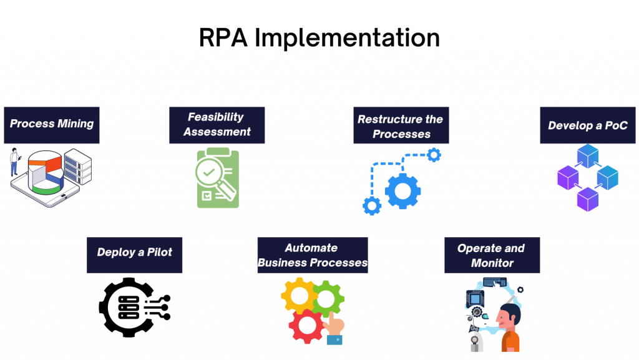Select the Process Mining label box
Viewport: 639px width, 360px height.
click(x=51, y=124)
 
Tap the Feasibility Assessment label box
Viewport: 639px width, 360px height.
click(x=217, y=125)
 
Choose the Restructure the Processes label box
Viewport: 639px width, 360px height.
click(x=401, y=126)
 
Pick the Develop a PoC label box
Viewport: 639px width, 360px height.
click(x=587, y=126)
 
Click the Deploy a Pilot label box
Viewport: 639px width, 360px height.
click(x=134, y=253)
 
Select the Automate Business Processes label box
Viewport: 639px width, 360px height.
click(x=312, y=255)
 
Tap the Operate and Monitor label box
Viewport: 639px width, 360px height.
click(x=492, y=255)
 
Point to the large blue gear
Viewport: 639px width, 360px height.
click(x=402, y=190)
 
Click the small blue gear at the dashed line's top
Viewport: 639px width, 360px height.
click(x=434, y=154)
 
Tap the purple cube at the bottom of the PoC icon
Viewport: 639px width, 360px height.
click(x=587, y=199)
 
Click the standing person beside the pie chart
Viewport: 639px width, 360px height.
click(x=14, y=163)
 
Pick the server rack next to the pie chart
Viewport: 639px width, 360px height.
click(x=77, y=165)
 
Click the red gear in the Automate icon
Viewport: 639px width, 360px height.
click(x=306, y=324)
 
